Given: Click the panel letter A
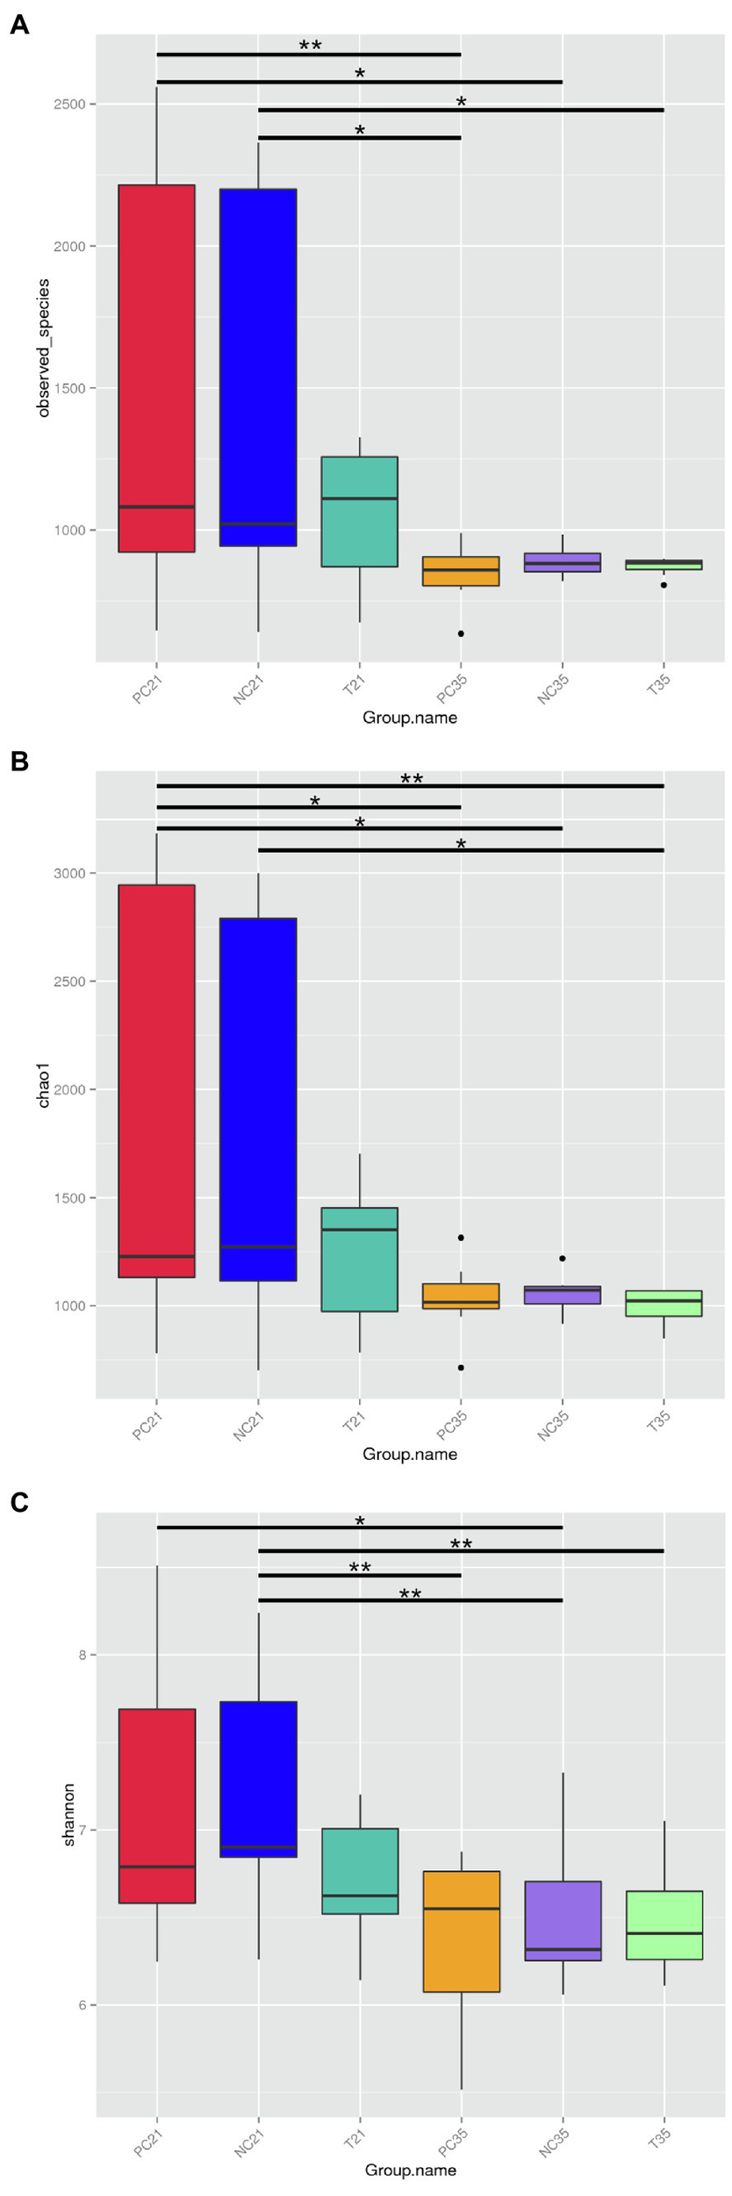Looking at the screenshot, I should pyautogui.click(x=18, y=25).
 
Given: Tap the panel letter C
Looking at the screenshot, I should pyautogui.click(x=19, y=1502).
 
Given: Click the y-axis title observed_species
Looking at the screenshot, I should pyautogui.click(x=44, y=348).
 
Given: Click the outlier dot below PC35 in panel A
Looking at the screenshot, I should pyautogui.click(x=461, y=633).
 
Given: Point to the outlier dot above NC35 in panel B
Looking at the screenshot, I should pyautogui.click(x=563, y=1258).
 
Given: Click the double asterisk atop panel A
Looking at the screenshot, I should pyautogui.click(x=310, y=46).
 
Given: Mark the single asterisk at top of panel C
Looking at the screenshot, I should pyautogui.click(x=360, y=1522).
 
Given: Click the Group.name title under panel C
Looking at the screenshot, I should pyautogui.click(x=410, y=2170).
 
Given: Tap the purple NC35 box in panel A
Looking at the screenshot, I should pyautogui.click(x=563, y=562).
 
